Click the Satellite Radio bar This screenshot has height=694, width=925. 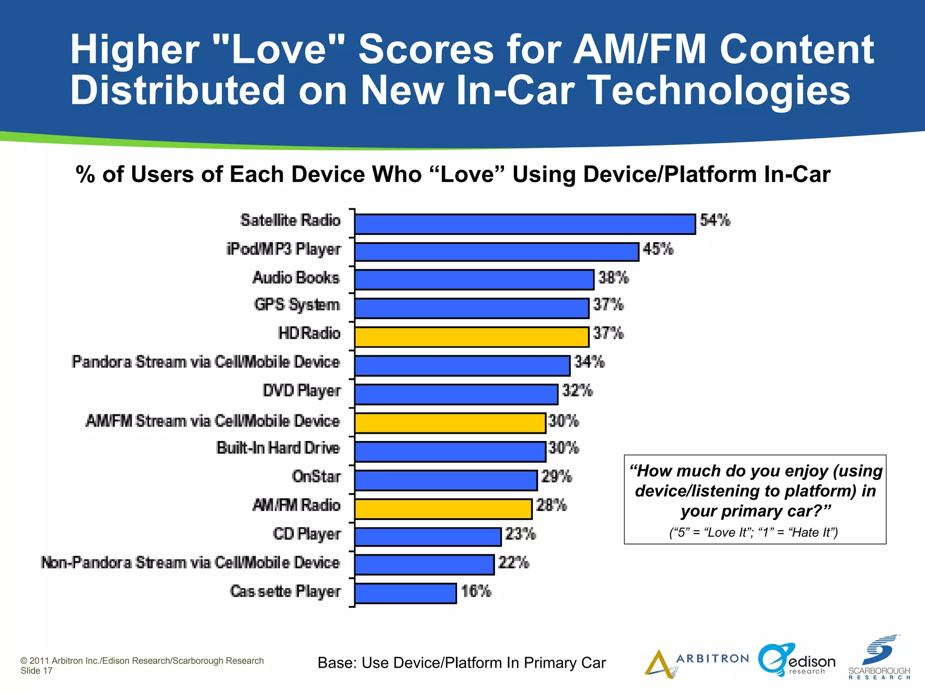525,224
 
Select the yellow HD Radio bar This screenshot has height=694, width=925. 472,337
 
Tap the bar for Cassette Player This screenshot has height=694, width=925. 405,593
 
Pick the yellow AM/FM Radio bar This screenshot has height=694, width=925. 443,509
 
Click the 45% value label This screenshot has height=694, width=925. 658,249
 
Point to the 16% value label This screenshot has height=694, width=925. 476,591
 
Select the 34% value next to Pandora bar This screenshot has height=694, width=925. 589,362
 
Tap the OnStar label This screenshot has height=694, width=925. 316,477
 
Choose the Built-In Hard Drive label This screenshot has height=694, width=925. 278,448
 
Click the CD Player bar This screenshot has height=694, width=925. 428,537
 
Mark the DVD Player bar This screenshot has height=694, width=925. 456,394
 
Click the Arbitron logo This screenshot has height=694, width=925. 696,662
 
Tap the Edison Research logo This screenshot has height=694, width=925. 797,661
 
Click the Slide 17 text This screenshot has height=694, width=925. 37,671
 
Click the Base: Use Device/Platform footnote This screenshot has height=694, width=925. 461,663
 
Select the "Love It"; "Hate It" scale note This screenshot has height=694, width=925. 753,533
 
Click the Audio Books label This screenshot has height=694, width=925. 296,278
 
